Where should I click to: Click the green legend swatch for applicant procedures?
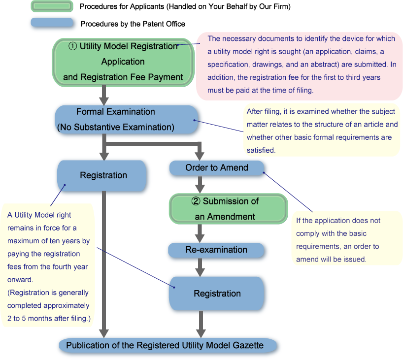[x=52, y=6]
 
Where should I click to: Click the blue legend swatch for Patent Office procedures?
[x=52, y=23]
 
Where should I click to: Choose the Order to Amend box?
[x=216, y=168]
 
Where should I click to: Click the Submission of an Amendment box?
[x=228, y=208]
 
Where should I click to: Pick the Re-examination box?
[x=216, y=250]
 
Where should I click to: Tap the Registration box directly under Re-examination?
[x=217, y=294]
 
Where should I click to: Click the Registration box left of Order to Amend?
[x=103, y=175]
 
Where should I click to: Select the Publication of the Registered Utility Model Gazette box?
[x=165, y=345]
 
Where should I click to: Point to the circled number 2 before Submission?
[x=196, y=201]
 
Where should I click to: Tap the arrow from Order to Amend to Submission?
[x=200, y=185]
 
